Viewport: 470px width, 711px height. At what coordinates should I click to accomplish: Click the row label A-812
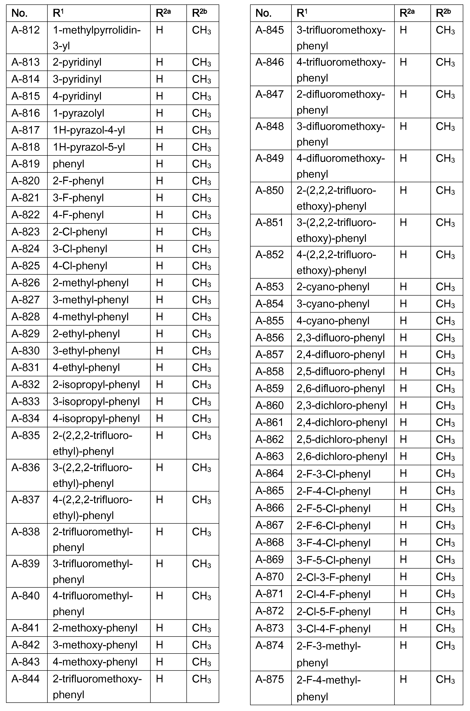click(26, 30)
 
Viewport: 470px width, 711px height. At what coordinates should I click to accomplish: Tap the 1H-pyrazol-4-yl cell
click(89, 130)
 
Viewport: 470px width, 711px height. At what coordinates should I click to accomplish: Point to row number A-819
click(26, 164)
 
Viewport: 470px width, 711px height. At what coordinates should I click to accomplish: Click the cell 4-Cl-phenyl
click(80, 266)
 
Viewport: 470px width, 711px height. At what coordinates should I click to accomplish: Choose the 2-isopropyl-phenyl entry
click(96, 384)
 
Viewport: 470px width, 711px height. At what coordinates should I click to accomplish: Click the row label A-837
click(26, 500)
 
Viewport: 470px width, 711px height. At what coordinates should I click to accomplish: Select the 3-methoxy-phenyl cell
click(95, 645)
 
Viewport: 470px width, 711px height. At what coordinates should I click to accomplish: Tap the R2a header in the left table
click(163, 13)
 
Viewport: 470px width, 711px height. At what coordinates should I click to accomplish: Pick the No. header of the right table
click(264, 13)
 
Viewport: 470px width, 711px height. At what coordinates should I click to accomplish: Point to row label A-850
click(269, 191)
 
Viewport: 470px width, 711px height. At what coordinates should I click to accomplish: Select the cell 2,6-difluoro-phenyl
click(341, 389)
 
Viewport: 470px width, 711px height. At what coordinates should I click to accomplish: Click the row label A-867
click(269, 525)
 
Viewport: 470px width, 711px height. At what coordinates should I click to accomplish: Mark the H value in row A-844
click(159, 679)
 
